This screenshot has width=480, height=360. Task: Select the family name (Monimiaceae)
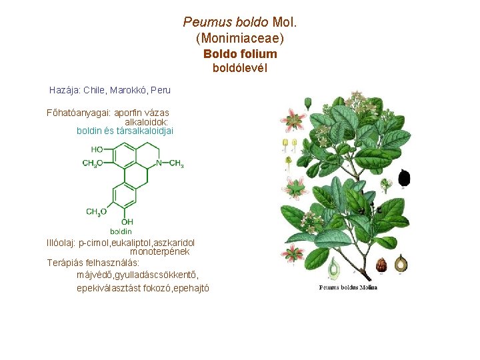click(240, 39)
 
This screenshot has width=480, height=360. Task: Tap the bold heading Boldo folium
click(240, 54)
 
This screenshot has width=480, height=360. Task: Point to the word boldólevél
click(240, 68)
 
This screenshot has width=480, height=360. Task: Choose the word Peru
click(161, 90)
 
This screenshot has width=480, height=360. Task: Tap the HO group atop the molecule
click(97, 149)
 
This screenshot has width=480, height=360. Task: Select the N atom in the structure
click(159, 163)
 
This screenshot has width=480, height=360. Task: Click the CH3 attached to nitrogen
click(177, 163)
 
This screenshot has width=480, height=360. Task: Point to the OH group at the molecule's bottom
click(127, 222)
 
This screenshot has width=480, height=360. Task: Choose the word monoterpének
click(159, 252)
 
